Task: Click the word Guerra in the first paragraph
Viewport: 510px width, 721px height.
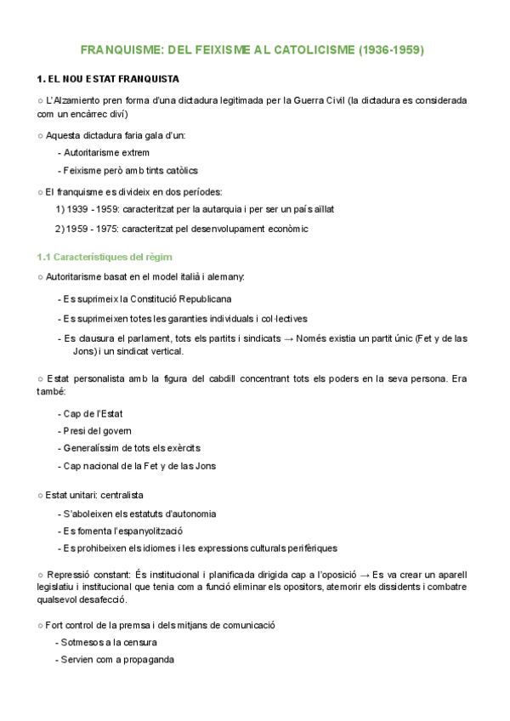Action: [x=292, y=100]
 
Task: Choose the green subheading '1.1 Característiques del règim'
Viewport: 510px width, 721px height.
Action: [x=105, y=256]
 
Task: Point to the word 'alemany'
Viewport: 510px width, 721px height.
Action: [x=224, y=277]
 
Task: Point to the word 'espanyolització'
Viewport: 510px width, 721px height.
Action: [x=148, y=531]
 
